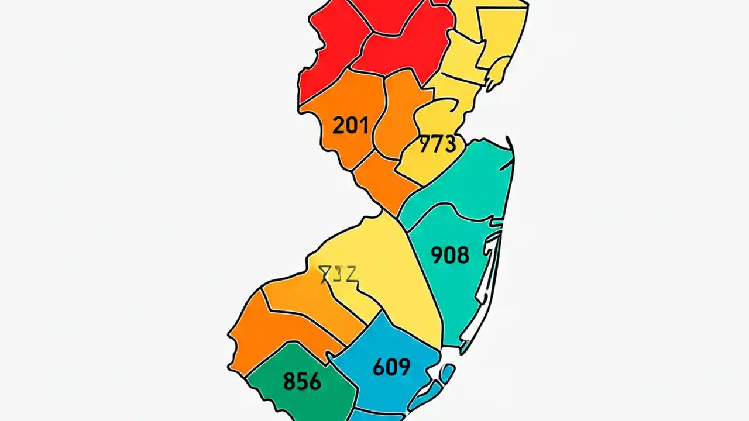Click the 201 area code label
click(351, 125)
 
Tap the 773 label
click(438, 144)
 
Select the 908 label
click(450, 255)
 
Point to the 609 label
click(391, 367)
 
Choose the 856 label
click(302, 381)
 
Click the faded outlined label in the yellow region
click(338, 274)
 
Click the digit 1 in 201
click(363, 125)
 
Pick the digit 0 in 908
click(450, 255)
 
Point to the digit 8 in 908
click(462, 255)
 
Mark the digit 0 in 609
click(391, 367)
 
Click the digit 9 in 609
click(404, 367)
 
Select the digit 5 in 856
click(302, 381)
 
